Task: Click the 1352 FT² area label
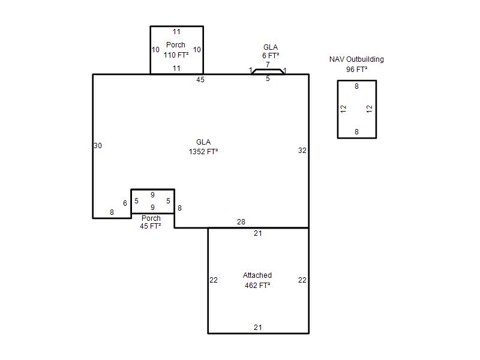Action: [x=203, y=152]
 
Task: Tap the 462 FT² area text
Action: [x=257, y=286]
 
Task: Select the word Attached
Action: [x=257, y=275]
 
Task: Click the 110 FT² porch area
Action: [x=176, y=55]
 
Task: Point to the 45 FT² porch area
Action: [x=151, y=226]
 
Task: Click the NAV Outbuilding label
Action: [x=356, y=59]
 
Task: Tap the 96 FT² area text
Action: [x=356, y=70]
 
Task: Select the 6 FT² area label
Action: [x=271, y=56]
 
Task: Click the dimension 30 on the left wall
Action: [x=98, y=146]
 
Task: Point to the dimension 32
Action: [x=302, y=151]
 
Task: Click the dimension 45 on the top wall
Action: [x=200, y=80]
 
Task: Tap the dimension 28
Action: [x=241, y=221]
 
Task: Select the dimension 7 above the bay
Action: [x=268, y=65]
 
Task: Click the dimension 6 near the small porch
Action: [x=125, y=203]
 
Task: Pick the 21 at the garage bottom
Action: [x=258, y=327]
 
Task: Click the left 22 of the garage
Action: [x=214, y=280]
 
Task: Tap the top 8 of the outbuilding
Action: [x=356, y=86]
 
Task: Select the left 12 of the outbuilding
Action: [x=343, y=109]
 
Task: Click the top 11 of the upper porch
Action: [x=176, y=32]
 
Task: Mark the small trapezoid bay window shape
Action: [x=268, y=70]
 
